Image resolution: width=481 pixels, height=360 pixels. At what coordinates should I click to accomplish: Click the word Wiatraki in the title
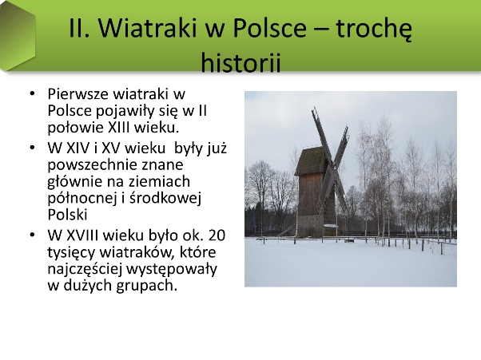pyautogui.click(x=148, y=28)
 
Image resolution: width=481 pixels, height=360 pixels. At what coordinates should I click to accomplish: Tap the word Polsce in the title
pyautogui.click(x=269, y=28)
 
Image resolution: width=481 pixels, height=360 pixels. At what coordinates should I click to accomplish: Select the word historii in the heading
pyautogui.click(x=240, y=63)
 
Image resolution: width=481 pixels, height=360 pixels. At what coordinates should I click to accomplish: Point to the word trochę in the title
pyautogui.click(x=374, y=29)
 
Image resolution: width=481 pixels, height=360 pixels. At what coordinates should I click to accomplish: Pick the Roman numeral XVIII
pyautogui.click(x=82, y=235)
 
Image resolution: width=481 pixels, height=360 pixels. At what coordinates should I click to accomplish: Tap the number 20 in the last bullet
pyautogui.click(x=217, y=235)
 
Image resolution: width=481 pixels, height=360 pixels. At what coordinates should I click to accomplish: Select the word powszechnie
pyautogui.click(x=93, y=166)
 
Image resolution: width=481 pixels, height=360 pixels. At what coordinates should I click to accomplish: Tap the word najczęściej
pyautogui.click(x=85, y=269)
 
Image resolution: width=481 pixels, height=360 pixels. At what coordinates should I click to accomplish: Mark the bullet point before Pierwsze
pyautogui.click(x=32, y=93)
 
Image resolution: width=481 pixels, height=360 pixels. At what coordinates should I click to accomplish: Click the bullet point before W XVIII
pyautogui.click(x=32, y=235)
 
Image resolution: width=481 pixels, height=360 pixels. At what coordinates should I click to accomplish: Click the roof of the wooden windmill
pyautogui.click(x=311, y=161)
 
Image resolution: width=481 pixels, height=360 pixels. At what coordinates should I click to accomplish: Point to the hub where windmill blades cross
pyautogui.click(x=332, y=168)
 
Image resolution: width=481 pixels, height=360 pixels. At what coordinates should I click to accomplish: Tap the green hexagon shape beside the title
pyautogui.click(x=18, y=35)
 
